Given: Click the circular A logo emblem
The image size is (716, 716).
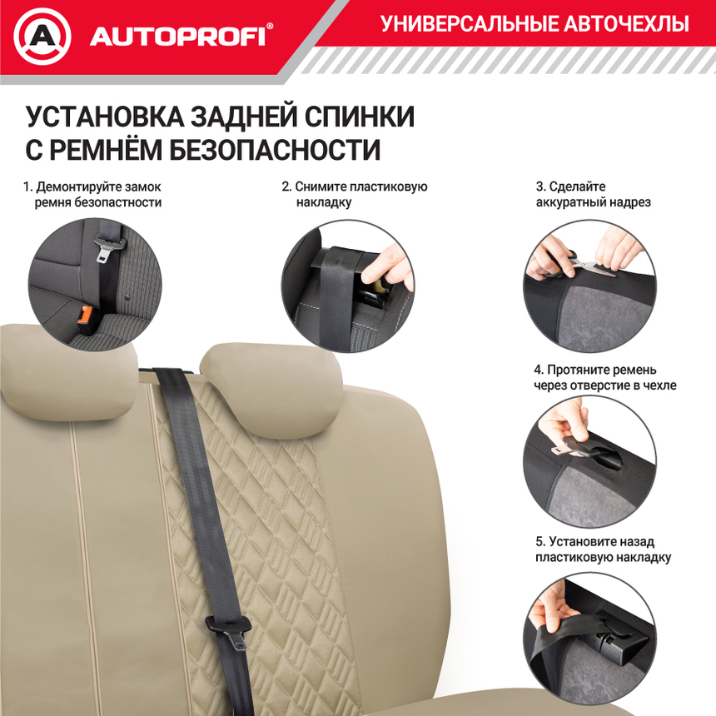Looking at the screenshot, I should (42, 37).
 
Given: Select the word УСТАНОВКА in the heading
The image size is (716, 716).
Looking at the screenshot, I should (103, 117).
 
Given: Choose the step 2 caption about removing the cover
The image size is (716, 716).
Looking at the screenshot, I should (354, 194).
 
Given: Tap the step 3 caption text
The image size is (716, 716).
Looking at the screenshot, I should (593, 194).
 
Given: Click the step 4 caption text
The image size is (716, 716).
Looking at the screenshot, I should (604, 377).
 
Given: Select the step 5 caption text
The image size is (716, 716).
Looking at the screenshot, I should (603, 549).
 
